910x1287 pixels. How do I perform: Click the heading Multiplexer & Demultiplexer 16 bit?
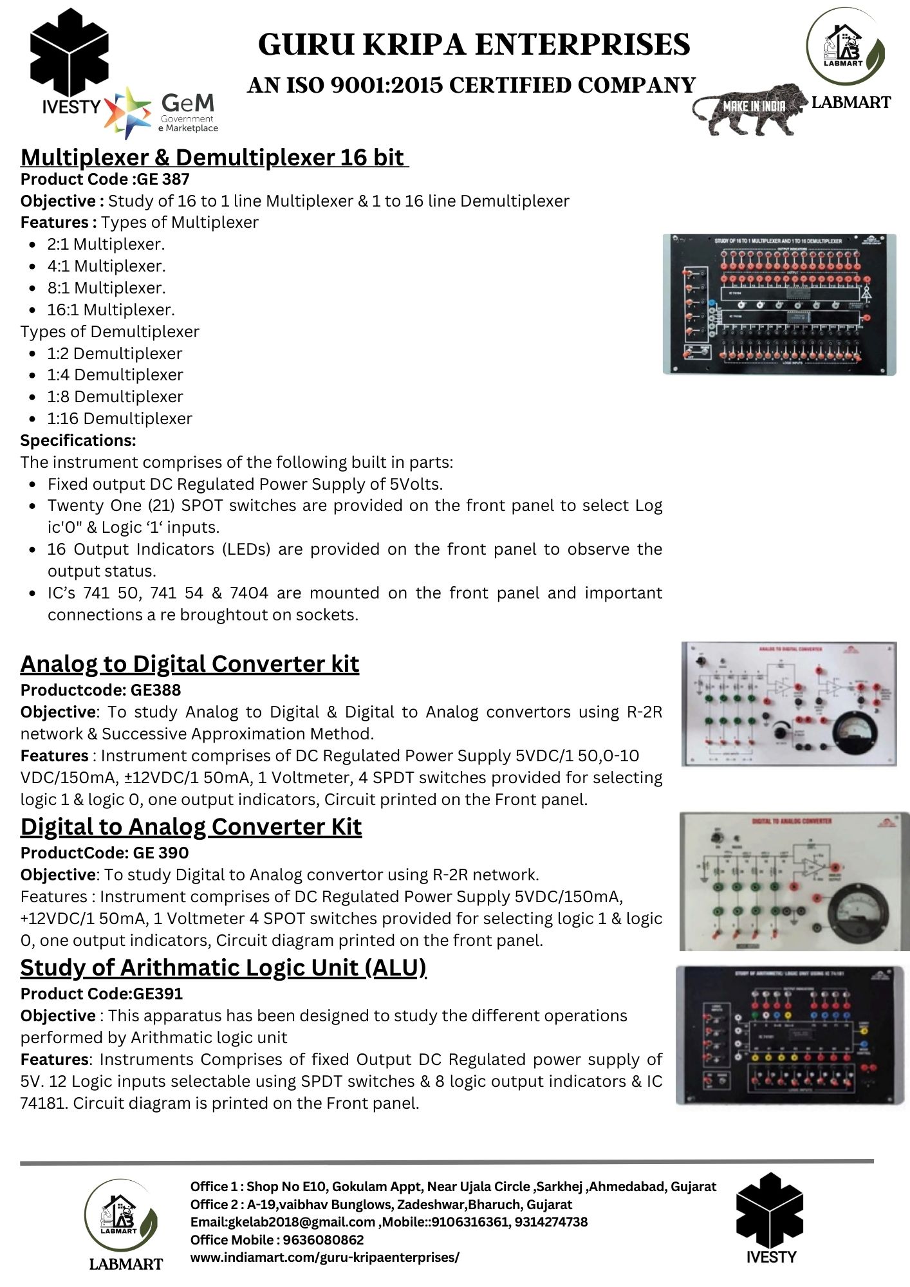(214, 158)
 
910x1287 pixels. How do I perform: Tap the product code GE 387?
(163, 180)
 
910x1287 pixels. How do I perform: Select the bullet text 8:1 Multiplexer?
(106, 288)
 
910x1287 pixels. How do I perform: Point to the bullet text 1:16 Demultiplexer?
(120, 418)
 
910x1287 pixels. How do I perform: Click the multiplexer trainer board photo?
(779, 304)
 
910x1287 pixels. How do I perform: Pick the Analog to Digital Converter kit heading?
(190, 664)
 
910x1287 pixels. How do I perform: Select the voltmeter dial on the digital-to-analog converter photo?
(860, 911)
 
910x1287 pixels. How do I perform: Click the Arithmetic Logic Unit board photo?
(785, 1035)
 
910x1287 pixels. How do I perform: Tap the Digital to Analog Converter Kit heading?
(191, 827)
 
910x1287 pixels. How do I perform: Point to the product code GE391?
(158, 994)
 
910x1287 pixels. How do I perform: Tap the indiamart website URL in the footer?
(324, 1257)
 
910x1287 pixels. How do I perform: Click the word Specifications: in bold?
(79, 440)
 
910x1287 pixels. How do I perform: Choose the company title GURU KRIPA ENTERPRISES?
(474, 45)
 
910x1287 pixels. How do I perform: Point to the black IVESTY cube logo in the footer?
(770, 1209)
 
